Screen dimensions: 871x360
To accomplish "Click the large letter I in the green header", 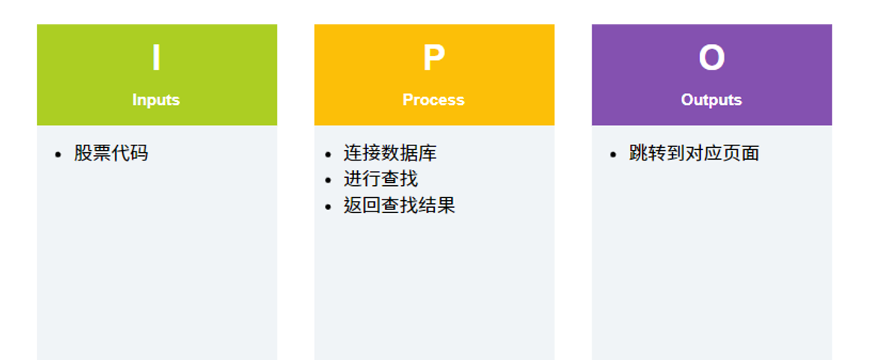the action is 156,58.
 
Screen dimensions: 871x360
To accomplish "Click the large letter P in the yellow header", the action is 434,58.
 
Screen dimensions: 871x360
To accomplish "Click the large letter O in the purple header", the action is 711,58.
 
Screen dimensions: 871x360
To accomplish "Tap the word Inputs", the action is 156,100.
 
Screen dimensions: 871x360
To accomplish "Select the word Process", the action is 434,100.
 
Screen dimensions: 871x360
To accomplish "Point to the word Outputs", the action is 711,100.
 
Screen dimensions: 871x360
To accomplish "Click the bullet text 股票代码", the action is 111,154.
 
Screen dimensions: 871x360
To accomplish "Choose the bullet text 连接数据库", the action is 390,154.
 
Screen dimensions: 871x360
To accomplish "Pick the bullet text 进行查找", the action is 381,179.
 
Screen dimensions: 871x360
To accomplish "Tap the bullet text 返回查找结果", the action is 399,205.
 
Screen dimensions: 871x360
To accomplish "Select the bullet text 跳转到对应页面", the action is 694,154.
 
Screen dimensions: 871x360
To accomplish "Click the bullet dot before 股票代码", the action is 58,154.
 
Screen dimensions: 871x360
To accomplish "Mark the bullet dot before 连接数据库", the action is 328,154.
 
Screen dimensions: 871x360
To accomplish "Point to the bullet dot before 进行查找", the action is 328,181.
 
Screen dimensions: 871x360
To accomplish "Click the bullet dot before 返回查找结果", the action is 328,207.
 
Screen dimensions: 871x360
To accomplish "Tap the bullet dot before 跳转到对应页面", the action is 613,154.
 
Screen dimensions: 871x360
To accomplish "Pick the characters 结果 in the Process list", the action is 437,205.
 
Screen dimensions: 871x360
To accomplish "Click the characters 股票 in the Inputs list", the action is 92,154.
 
